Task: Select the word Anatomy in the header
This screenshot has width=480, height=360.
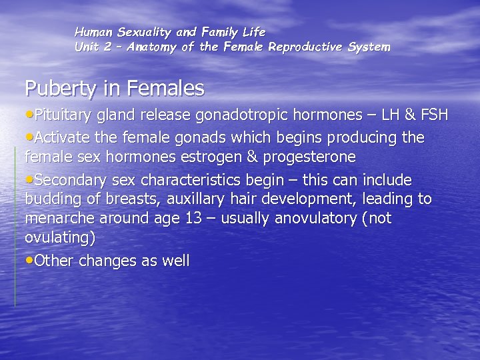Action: pyautogui.click(x=151, y=47)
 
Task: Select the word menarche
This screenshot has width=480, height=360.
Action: pyautogui.click(x=57, y=219)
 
